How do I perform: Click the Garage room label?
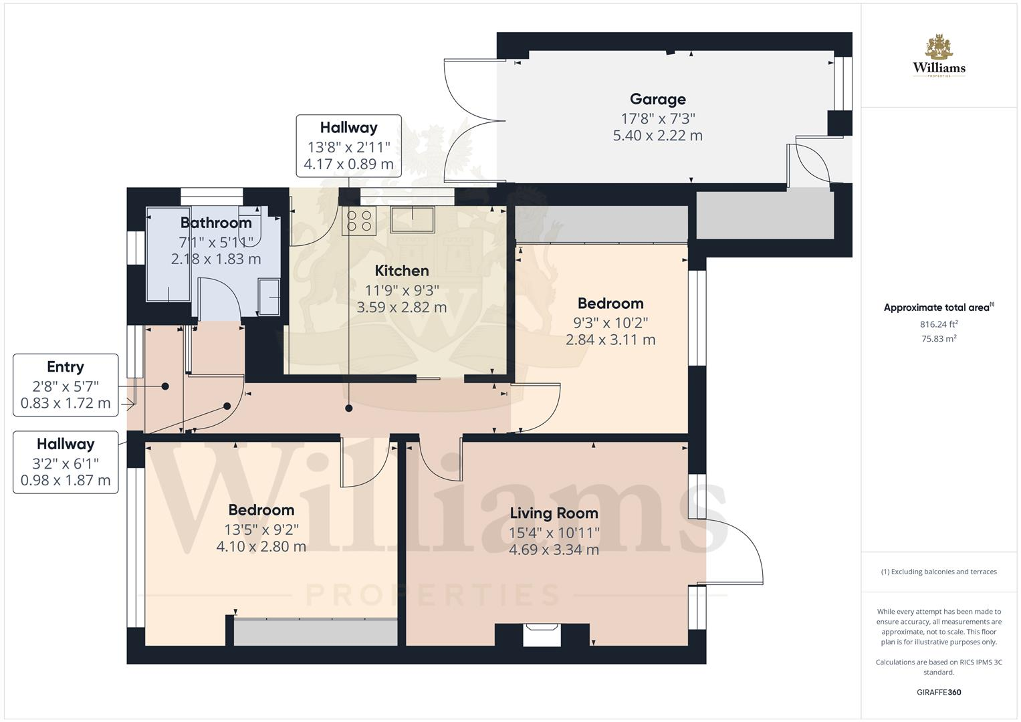tap(657, 100)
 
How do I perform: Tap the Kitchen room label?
tap(401, 271)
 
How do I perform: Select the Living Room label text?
tap(554, 513)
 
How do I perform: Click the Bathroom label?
tap(215, 223)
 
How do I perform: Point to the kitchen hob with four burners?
tap(359, 221)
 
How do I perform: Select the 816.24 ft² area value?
tap(939, 324)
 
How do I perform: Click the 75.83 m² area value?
tap(939, 338)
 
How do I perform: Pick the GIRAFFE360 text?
tap(939, 692)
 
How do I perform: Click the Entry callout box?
tap(66, 385)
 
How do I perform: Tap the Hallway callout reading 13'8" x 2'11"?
tap(348, 146)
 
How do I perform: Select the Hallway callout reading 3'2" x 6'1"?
tap(66, 462)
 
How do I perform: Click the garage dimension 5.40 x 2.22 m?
tap(657, 136)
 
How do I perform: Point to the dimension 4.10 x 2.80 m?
tap(261, 547)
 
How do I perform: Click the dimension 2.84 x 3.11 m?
tap(610, 340)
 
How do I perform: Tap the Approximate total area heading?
tap(938, 308)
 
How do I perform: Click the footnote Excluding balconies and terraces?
tap(939, 572)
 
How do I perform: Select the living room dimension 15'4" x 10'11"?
tap(554, 533)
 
